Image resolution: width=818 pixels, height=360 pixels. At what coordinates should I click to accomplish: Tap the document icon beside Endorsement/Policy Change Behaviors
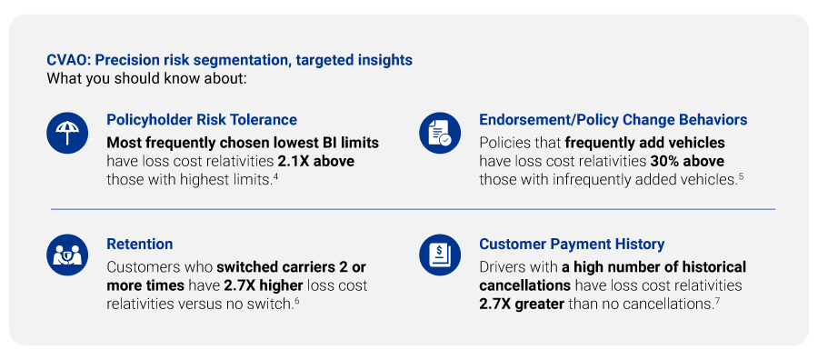440,134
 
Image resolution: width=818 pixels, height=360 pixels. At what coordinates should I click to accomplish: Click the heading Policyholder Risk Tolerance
202,119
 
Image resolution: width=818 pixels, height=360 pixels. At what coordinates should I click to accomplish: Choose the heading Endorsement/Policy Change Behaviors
613,119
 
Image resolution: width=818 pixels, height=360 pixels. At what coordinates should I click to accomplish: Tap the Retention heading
140,244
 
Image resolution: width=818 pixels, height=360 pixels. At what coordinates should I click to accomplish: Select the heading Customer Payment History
572,244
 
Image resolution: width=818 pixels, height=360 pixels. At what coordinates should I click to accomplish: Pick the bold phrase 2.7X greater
521,304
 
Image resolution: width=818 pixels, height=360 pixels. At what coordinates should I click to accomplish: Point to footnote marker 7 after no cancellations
717,299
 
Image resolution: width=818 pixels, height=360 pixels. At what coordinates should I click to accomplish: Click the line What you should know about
146,78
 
